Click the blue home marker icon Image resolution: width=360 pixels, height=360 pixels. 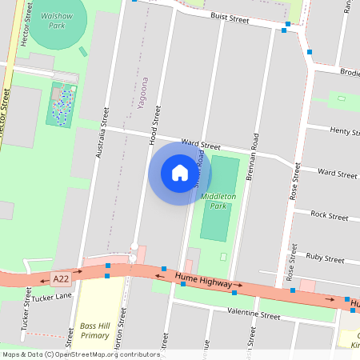click(x=180, y=173)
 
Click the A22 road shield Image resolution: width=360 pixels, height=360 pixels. click(x=60, y=278)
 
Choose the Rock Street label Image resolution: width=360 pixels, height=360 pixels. click(x=329, y=215)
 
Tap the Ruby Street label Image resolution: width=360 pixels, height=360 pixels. click(x=326, y=258)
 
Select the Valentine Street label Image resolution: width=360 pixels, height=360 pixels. click(x=254, y=315)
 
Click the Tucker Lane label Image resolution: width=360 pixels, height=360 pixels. click(x=53, y=296)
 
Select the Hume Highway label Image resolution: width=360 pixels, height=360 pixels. click(x=203, y=280)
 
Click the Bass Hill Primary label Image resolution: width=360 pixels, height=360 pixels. click(x=94, y=330)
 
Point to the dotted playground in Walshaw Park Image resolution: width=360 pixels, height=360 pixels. click(x=62, y=105)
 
